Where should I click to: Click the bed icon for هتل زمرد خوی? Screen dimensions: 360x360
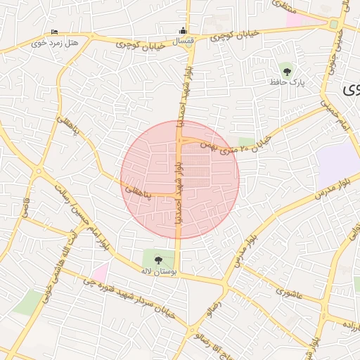click(55, 32)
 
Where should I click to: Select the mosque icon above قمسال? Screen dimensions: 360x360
click(184, 30)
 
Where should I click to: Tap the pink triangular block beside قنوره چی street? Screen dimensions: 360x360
click(101, 271)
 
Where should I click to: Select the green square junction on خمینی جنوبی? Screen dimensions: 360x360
click(333, 25)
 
